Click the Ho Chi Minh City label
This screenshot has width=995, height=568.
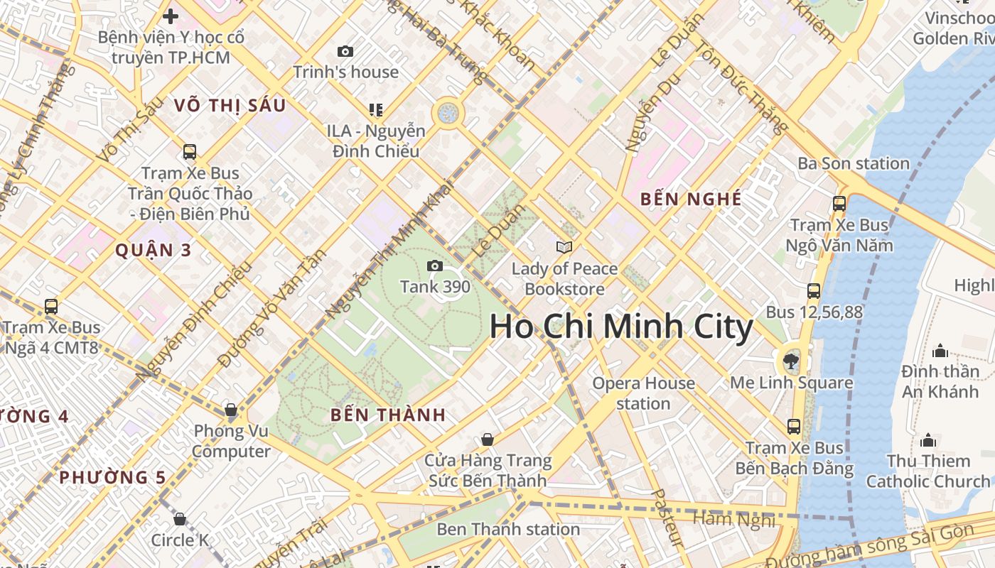tap(620, 327)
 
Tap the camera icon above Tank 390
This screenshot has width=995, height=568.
tap(434, 266)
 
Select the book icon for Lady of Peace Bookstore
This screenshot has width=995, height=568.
tap(564, 247)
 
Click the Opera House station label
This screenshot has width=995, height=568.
tap(644, 393)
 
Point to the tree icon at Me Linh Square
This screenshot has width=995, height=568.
tap(790, 361)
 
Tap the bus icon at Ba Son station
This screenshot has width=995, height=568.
tap(839, 203)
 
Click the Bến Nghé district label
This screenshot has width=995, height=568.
tap(691, 200)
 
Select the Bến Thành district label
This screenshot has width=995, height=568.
tap(388, 415)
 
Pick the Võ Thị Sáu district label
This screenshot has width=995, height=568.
tap(230, 106)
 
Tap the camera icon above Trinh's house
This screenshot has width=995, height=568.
tap(345, 51)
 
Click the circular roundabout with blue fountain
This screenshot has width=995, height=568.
tap(448, 112)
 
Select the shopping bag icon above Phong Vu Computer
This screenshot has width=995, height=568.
tap(230, 410)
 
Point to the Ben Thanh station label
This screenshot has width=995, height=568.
tap(508, 529)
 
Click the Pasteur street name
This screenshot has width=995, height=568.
tap(667, 518)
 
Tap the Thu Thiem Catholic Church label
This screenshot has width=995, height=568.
tap(927, 471)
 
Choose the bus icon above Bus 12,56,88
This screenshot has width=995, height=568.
tap(814, 290)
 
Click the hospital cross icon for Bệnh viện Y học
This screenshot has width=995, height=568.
tap(171, 15)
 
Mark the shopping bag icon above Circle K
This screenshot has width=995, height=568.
tap(180, 519)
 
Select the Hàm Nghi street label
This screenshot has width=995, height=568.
tap(733, 520)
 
